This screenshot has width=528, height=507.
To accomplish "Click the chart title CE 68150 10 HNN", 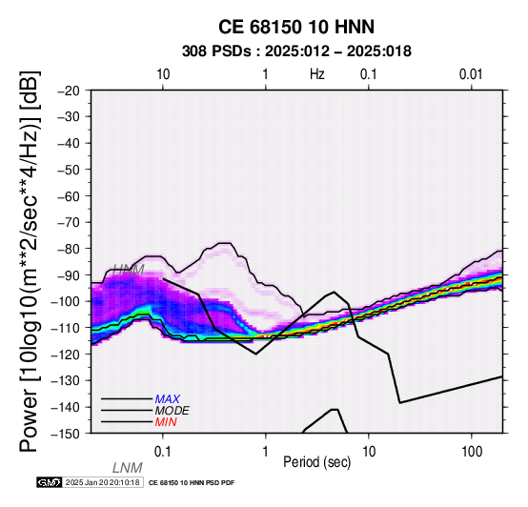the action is (296, 27).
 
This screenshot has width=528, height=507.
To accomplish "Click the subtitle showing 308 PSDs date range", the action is (296, 51).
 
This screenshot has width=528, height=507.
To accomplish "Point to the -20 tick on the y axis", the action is (69, 91).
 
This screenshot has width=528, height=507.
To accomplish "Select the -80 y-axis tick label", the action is (69, 249).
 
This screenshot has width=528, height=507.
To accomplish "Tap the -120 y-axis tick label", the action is (65, 355).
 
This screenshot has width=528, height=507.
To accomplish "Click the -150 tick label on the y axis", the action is (65, 434).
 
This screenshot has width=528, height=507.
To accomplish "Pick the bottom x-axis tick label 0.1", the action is (163, 452).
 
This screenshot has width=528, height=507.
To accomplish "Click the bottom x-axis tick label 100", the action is (472, 452).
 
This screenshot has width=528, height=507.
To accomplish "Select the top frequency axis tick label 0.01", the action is (471, 74).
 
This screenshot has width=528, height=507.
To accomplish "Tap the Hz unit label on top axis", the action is (317, 74).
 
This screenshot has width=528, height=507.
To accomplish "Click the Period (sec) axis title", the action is (317, 462).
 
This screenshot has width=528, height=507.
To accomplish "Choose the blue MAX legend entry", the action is (168, 399).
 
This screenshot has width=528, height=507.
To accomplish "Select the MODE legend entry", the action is (173, 411).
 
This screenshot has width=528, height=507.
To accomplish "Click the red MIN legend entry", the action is (166, 422).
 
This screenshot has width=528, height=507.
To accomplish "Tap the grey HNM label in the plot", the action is (129, 270).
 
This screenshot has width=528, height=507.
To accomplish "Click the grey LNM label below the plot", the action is (128, 468).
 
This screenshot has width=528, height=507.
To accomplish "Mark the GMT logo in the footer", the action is (50, 482).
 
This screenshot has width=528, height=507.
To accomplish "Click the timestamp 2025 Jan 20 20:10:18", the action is (102, 482).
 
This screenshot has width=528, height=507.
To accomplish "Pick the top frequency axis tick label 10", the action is (163, 74).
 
